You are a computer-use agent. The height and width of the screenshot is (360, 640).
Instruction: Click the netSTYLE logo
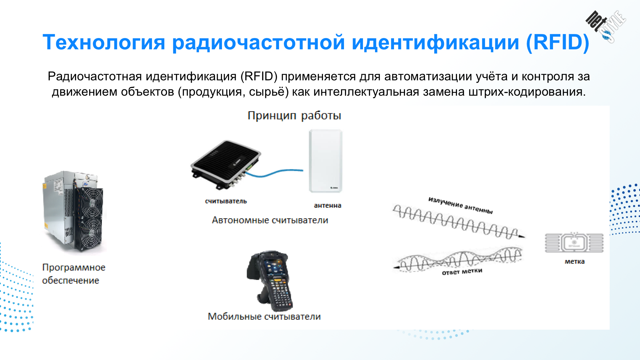click(x=606, y=26)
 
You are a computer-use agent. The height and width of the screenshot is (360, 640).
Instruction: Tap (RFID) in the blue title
click(x=558, y=42)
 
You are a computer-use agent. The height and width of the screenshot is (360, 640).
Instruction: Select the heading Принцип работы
click(x=294, y=115)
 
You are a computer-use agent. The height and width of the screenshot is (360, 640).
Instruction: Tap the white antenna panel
click(x=326, y=161)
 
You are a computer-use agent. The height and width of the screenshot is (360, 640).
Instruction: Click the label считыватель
click(x=226, y=201)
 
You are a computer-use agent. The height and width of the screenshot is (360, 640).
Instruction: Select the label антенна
click(x=327, y=205)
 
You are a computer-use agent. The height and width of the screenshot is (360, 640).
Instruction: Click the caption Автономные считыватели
click(x=270, y=220)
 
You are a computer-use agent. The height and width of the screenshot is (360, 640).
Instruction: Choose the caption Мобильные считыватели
click(x=264, y=316)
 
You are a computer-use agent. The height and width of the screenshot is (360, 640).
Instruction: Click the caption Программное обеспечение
click(x=74, y=274)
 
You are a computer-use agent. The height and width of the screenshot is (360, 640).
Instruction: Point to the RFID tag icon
click(x=574, y=243)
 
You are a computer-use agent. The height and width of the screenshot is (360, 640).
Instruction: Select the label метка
click(x=574, y=262)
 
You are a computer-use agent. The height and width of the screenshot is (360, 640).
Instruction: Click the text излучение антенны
click(x=460, y=205)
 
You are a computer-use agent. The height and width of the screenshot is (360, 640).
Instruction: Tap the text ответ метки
click(x=462, y=271)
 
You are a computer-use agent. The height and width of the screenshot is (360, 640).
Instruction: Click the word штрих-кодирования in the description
click(x=527, y=92)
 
